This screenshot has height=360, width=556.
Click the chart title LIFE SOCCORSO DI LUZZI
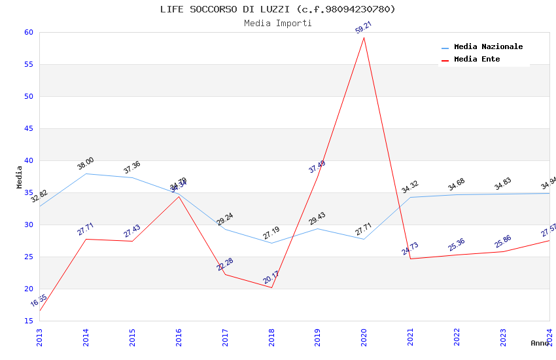coord(277,9)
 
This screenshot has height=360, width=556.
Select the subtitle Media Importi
coord(277,24)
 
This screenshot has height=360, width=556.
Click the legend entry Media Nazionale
coord(488,47)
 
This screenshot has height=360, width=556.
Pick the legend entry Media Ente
coord(476,60)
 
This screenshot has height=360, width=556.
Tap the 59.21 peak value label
coord(364,27)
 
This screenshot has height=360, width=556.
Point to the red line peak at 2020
coord(364,37)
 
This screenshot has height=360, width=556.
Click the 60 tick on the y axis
coord(28,32)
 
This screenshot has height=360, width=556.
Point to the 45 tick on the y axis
coord(28,128)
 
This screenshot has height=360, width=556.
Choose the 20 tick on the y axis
coord(28,289)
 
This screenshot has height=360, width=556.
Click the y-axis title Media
coord(20,177)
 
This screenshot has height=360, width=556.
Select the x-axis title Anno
coord(540,343)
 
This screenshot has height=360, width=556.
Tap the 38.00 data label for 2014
coord(86,164)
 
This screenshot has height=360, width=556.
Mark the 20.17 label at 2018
coord(271,278)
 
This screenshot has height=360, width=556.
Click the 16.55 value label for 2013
coord(39,301)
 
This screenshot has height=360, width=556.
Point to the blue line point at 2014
coord(86,173)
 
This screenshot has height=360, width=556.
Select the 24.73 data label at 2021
coord(410,249)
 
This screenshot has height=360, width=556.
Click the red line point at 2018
coord(271,287)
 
